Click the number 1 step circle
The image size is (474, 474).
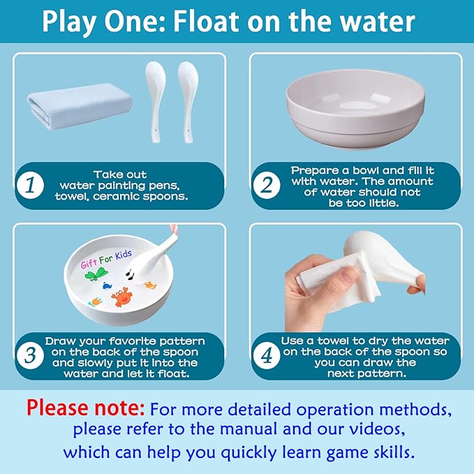30,185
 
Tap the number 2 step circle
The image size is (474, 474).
267,185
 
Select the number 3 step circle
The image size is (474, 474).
30,355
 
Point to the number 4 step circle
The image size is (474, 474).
267,355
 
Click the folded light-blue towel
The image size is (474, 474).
79,106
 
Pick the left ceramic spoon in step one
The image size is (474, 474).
156,101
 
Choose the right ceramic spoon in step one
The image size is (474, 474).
188,101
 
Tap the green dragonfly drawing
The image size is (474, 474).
97,275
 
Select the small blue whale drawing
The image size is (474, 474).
107,286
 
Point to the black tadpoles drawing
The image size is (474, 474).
131,274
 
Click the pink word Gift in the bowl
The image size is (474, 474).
89,264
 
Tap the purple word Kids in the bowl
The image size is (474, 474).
124,255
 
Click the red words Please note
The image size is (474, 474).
86,408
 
